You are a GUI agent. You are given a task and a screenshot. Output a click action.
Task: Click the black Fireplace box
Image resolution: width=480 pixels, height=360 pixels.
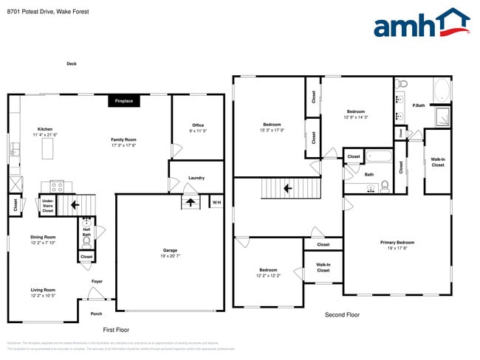123,101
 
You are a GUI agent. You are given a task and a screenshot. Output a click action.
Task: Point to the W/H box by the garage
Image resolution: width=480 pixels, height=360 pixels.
216,202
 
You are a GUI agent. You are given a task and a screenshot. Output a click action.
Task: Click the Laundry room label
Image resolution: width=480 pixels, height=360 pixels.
196,178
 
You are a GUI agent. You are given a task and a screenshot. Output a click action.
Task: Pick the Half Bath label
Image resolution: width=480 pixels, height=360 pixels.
86,232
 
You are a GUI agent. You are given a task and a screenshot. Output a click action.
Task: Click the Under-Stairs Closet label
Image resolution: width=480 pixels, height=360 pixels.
48,205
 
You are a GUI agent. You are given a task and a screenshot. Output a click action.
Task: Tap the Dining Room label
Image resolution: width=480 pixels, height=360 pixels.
42,239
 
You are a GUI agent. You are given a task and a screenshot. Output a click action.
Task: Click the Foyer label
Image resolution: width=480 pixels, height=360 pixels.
97,281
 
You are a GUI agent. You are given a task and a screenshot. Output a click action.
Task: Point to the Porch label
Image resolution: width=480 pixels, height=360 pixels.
96,314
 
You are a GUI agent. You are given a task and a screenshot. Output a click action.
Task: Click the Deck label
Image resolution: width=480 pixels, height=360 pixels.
72,64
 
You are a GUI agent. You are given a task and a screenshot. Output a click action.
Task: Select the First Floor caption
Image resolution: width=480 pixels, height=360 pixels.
116,330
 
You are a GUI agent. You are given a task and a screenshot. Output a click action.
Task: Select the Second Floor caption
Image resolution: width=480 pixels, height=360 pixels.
342,315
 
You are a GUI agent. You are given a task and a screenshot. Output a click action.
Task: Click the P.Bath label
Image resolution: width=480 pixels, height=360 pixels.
419,105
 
